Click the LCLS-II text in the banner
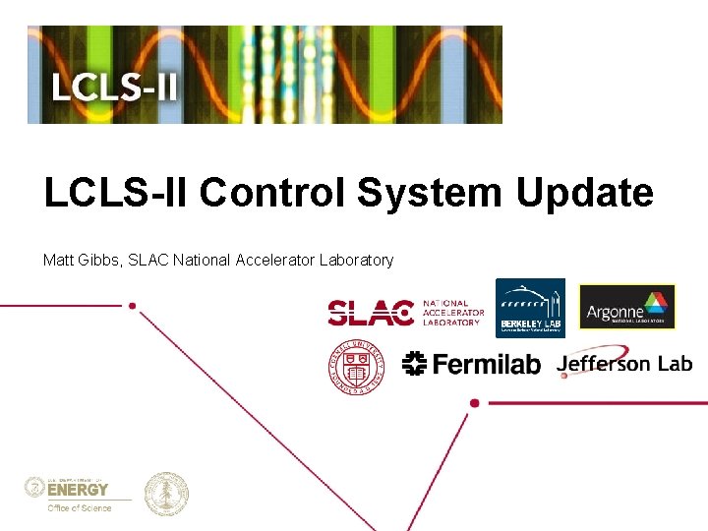[114, 88]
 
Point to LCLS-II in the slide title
[116, 193]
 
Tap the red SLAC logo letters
[370, 313]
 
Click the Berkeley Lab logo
[529, 308]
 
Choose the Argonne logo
[627, 307]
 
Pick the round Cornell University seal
[357, 367]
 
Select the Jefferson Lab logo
[623, 363]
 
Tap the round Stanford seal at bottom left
[166, 494]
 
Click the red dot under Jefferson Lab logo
[475, 402]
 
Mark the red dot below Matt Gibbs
[131, 306]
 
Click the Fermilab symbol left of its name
[414, 364]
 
